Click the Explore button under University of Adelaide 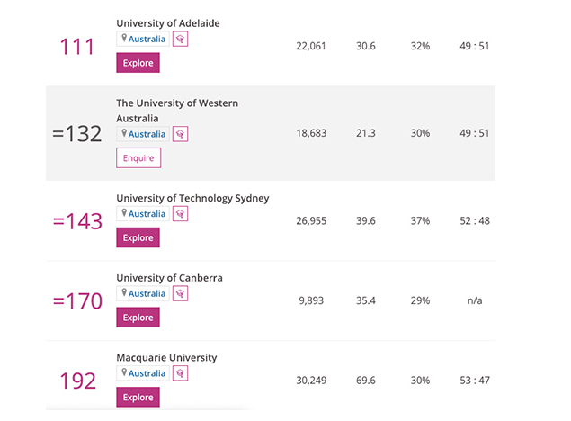click(x=138, y=63)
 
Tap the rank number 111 click(x=76, y=47)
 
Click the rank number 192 click(x=77, y=381)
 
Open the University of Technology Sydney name click(x=192, y=198)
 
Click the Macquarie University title click(x=166, y=357)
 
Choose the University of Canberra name click(x=169, y=278)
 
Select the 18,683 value click(x=311, y=133)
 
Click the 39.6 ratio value click(x=365, y=221)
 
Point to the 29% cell click(x=420, y=300)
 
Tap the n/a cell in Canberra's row click(x=474, y=300)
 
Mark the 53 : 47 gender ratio click(x=474, y=381)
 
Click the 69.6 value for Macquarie click(x=365, y=381)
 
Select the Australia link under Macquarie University click(x=147, y=373)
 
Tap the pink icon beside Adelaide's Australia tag click(x=180, y=40)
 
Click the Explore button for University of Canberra click(x=138, y=318)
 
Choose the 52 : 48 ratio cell click(x=474, y=221)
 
